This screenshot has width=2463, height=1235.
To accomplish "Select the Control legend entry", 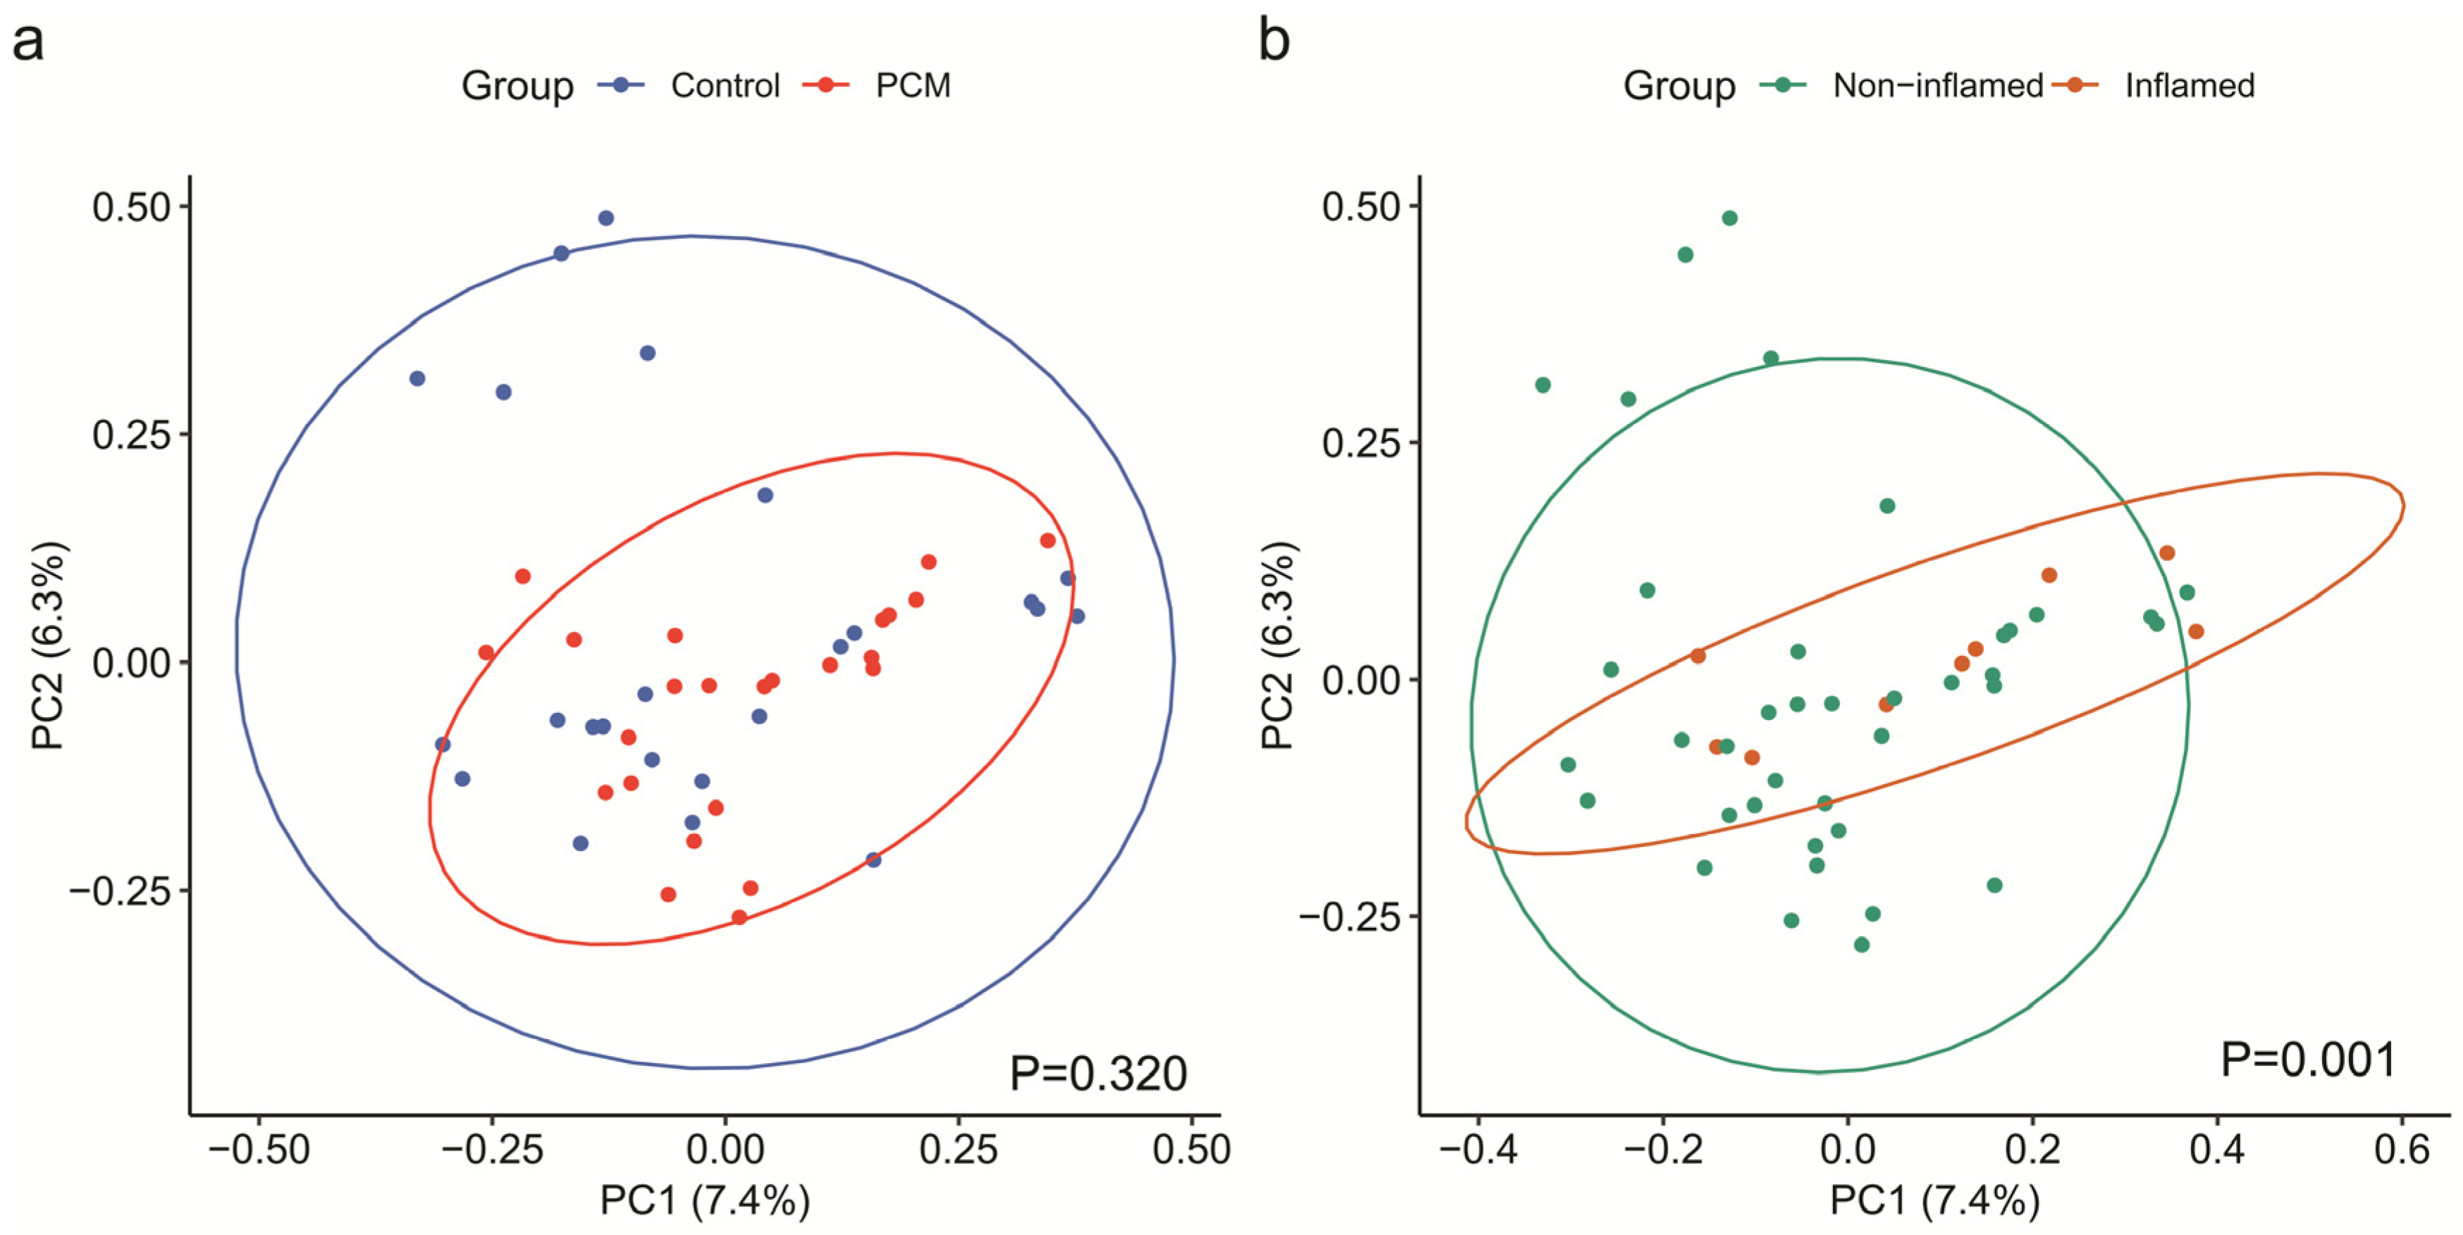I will [724, 86].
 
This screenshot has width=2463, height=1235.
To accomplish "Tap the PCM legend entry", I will [912, 86].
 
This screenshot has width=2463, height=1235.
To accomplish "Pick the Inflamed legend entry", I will [2189, 86].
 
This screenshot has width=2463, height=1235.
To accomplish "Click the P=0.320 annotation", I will [1098, 1074].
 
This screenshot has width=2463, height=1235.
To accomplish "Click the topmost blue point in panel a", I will [605, 218].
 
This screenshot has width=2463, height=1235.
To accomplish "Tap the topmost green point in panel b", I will [1729, 218].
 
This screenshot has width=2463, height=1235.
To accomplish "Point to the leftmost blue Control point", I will [417, 378].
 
